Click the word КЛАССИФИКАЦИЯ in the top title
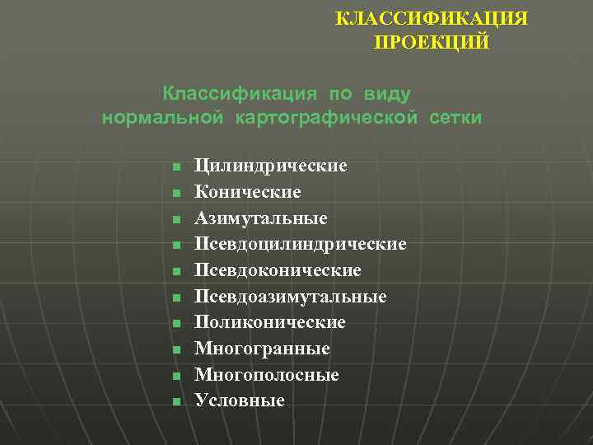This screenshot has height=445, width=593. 432,18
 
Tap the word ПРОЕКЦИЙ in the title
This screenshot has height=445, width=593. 432,41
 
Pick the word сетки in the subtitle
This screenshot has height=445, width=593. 455,119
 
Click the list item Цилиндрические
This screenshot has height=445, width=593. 271,166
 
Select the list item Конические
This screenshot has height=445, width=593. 248,192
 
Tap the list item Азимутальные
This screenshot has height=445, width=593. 261,218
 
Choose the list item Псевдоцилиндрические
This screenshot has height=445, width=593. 301,245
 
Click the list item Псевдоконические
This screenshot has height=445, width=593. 278,270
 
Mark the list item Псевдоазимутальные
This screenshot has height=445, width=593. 291,297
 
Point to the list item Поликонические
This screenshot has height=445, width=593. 270,322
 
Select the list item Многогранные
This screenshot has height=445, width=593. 262,349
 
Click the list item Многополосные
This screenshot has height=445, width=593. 267,375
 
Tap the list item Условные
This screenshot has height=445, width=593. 240,400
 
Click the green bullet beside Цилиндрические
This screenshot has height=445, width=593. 175,167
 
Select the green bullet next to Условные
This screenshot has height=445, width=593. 175,402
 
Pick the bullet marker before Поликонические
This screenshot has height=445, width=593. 175,324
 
